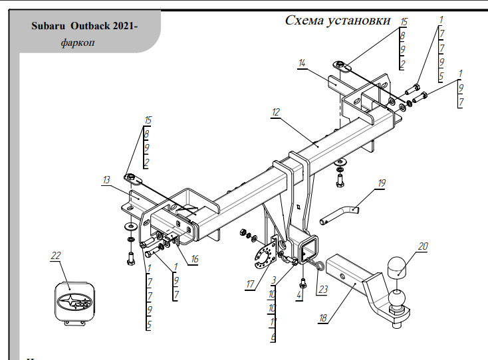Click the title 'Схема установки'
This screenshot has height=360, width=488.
click(338, 20)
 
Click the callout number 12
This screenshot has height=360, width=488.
click(276, 112)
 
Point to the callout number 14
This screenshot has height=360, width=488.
click(302, 63)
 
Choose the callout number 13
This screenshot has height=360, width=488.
click(106, 179)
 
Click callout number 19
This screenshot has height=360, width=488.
click(382, 182)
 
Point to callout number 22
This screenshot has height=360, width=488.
click(55, 255)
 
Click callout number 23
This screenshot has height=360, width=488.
click(323, 288)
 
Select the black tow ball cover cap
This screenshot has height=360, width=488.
click(396, 267)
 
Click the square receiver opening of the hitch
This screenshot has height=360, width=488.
click(308, 250)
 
